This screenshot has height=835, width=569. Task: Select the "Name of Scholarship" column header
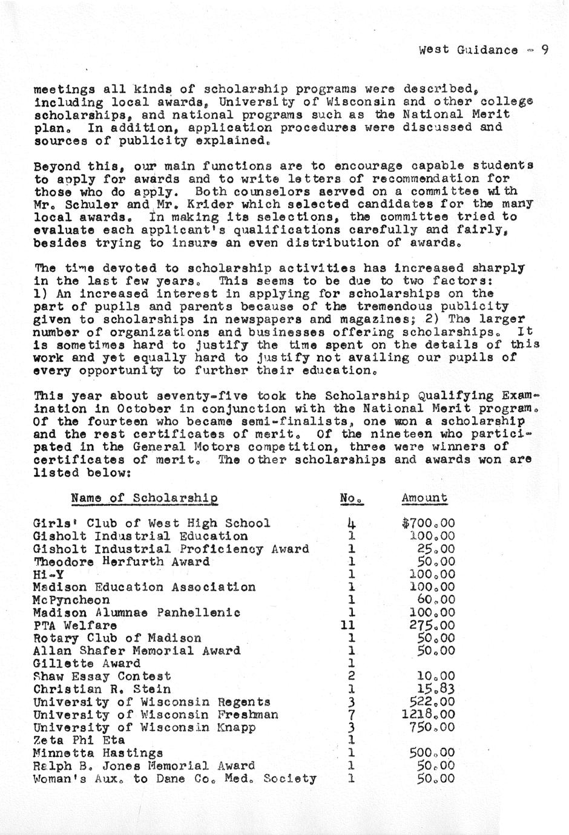pos(144,498)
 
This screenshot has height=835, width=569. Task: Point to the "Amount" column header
pos(424,498)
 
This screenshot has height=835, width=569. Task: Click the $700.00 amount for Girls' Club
pos(428,523)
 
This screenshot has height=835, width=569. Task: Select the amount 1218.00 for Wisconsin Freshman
pos(431,715)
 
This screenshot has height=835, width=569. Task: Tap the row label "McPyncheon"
pos(71,600)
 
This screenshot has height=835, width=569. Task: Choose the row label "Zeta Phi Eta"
pos(79,740)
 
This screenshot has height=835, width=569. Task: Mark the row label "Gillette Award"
pos(87,663)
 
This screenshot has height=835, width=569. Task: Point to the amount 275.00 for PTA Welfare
pos(432,625)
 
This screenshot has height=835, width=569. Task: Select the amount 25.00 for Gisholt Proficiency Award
pos(436,549)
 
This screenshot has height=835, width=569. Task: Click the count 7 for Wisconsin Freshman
pos(351,715)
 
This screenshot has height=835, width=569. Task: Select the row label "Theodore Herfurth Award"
pos(122,562)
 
